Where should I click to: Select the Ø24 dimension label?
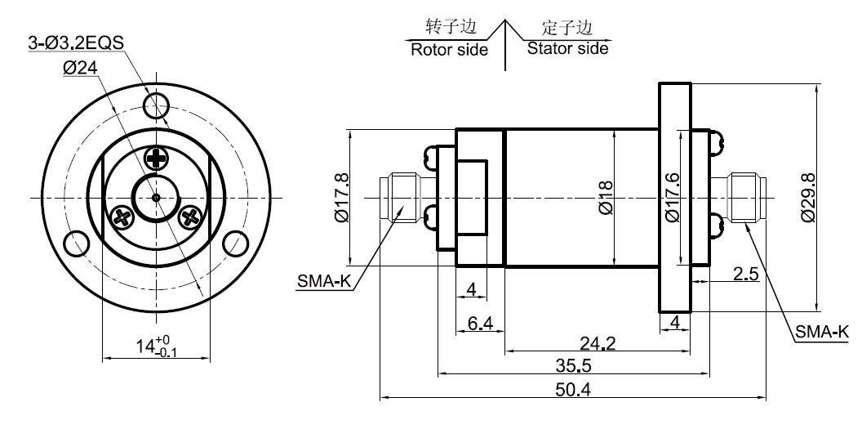click(x=80, y=69)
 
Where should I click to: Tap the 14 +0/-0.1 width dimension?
click(x=156, y=346)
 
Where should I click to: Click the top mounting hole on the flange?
click(x=156, y=104)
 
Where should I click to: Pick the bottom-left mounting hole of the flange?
click(x=77, y=243)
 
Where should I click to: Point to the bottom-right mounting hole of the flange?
click(x=235, y=243)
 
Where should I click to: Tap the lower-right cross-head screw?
click(x=192, y=217)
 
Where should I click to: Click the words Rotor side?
click(x=449, y=49)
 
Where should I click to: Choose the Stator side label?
click(x=567, y=48)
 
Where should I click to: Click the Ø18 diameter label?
click(x=605, y=199)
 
